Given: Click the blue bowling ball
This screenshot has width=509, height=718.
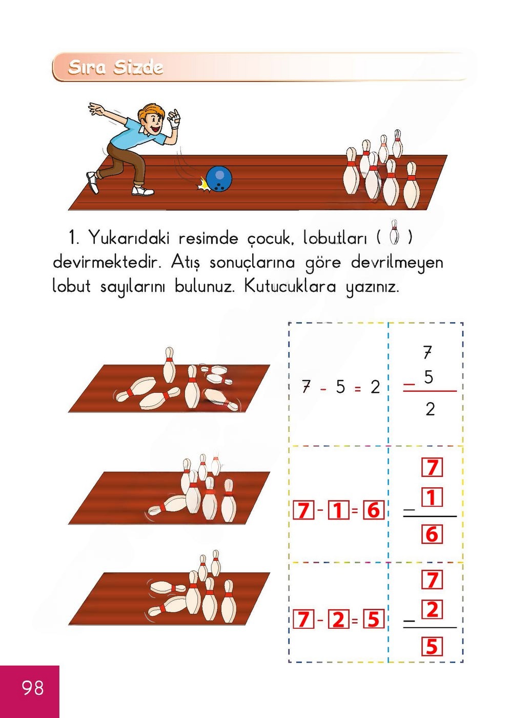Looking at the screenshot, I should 219,179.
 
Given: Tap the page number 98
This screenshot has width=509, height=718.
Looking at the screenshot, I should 33,688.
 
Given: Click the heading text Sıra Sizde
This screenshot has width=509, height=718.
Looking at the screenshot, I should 115,67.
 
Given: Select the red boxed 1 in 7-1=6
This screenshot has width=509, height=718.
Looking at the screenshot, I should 338,510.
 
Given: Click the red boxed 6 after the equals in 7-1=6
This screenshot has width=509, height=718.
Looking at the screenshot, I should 373,510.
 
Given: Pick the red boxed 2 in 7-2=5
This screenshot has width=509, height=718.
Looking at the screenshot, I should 338,620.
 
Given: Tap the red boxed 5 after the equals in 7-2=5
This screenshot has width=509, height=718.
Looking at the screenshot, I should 373,620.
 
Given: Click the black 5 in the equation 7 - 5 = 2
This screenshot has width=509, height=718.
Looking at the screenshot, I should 340,387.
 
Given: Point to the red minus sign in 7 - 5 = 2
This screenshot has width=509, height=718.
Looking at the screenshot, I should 323,389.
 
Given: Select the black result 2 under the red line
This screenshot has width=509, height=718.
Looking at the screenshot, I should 430,409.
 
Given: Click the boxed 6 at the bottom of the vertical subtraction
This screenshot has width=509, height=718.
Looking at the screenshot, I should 432,534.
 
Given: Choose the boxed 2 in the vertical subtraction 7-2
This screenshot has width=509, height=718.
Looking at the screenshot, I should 432,609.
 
